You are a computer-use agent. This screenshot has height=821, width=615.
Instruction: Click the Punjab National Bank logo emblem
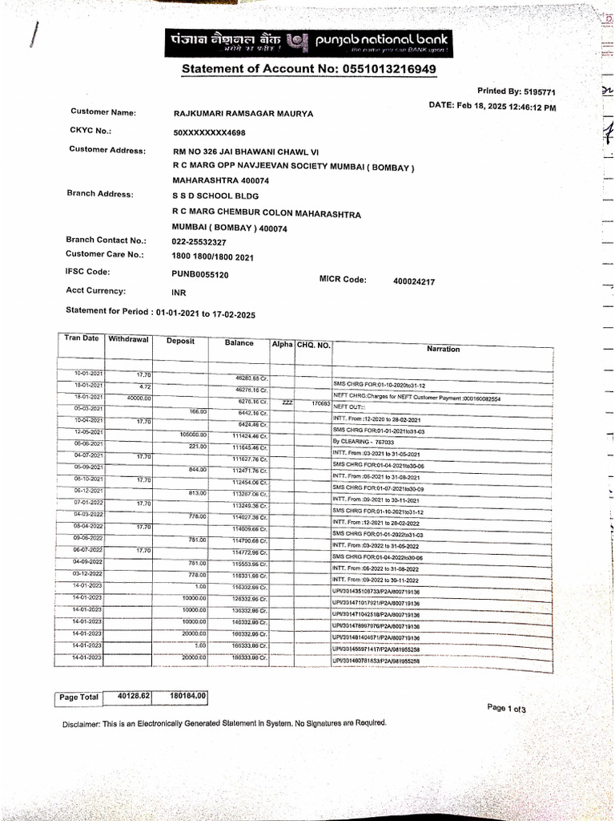click(x=296, y=41)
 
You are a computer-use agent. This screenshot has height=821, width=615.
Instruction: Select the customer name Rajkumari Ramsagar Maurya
click(x=243, y=114)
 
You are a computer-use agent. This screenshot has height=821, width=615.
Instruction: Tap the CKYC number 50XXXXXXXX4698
click(x=209, y=132)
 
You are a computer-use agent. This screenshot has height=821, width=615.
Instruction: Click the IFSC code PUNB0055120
click(x=199, y=274)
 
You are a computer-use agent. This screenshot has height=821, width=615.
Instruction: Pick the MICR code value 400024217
click(x=414, y=282)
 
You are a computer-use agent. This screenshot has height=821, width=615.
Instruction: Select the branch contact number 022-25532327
click(x=199, y=241)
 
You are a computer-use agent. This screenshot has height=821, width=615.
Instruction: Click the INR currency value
click(x=179, y=293)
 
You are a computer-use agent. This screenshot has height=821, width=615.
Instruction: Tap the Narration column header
click(x=443, y=349)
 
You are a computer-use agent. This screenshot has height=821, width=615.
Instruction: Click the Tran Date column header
click(x=82, y=338)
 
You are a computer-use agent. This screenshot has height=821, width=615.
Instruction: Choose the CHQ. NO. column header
click(x=313, y=345)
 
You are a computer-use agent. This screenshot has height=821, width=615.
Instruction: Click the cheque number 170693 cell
click(x=320, y=403)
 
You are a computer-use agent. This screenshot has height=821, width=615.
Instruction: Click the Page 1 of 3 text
click(x=505, y=709)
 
